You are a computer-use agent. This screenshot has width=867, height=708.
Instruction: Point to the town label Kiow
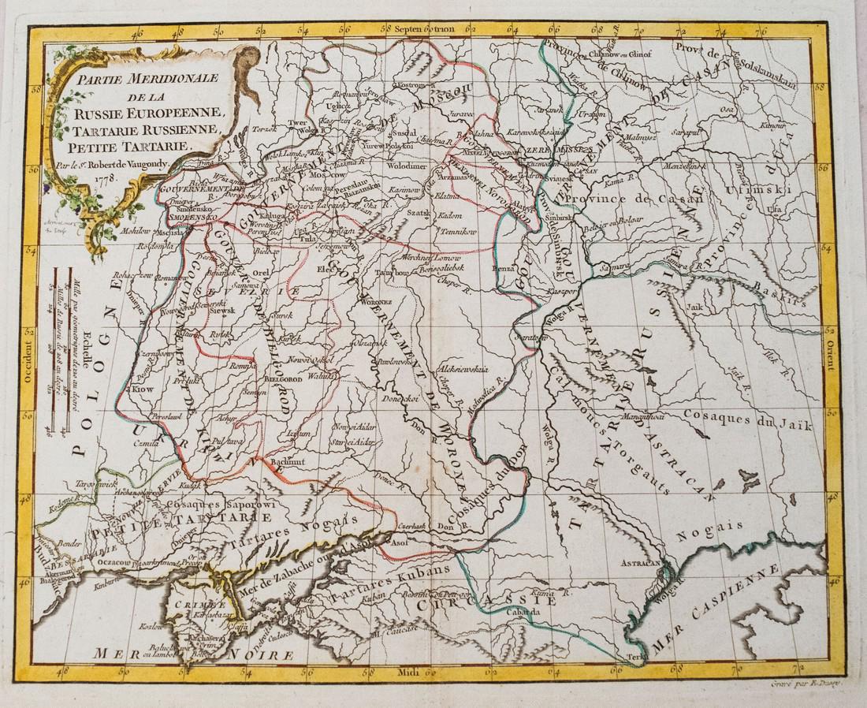click(143, 389)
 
